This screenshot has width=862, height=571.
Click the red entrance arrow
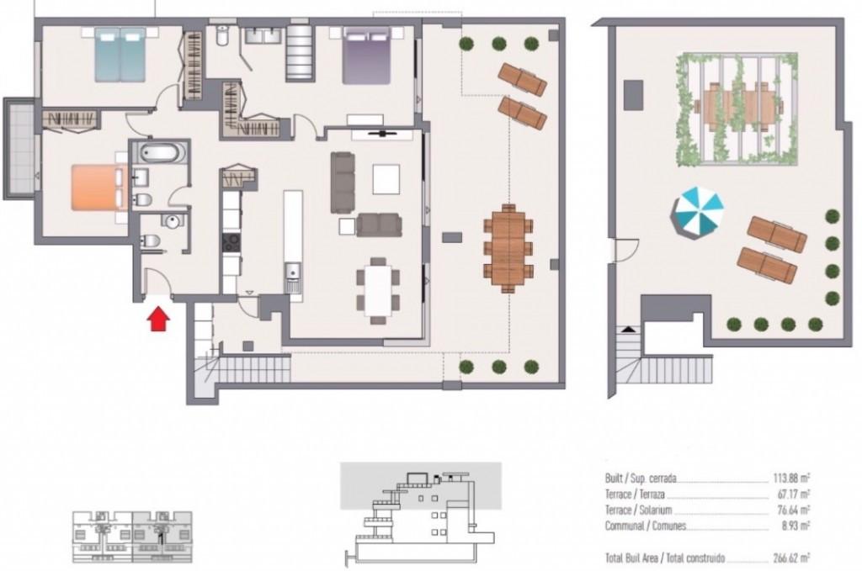point(158,319)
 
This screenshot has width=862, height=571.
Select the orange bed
point(97,188)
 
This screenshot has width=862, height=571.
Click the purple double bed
point(367,56)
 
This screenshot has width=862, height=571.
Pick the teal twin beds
point(120,55)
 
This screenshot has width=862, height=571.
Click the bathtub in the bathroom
point(159,152)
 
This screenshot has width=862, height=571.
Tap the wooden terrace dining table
point(508,247)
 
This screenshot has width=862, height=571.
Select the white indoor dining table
point(378,290)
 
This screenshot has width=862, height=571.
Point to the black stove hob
point(231,242)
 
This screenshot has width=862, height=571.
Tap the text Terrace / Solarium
point(638,510)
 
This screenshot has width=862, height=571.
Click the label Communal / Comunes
point(646,526)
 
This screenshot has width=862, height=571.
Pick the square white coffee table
point(386,179)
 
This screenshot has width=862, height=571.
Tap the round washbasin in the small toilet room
point(172,221)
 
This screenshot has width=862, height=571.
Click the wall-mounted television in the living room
point(381,133)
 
